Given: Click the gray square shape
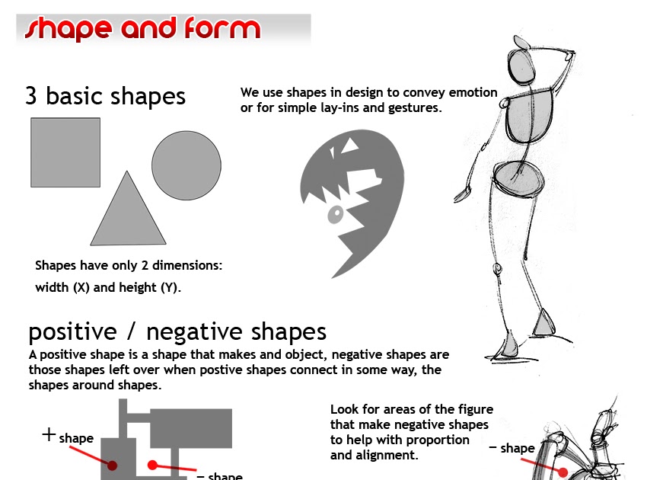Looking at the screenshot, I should tap(65, 152).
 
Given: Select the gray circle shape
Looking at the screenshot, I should tap(186, 165).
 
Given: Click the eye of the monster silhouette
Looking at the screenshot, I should tap(333, 216).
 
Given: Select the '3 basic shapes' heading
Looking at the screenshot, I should tap(105, 97).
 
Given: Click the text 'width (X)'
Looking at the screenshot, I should tap(63, 288).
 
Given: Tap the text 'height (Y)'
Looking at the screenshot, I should tap(155, 288).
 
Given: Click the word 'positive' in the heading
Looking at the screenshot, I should tap(72, 333).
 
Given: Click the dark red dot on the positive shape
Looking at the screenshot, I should tap(112, 465).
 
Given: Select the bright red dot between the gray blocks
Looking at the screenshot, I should tap(152, 465).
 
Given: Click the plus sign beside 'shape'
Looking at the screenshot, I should tap(49, 435).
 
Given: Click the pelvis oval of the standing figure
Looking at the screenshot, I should tap(518, 180).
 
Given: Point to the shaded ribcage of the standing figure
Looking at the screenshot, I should tap(519, 115).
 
